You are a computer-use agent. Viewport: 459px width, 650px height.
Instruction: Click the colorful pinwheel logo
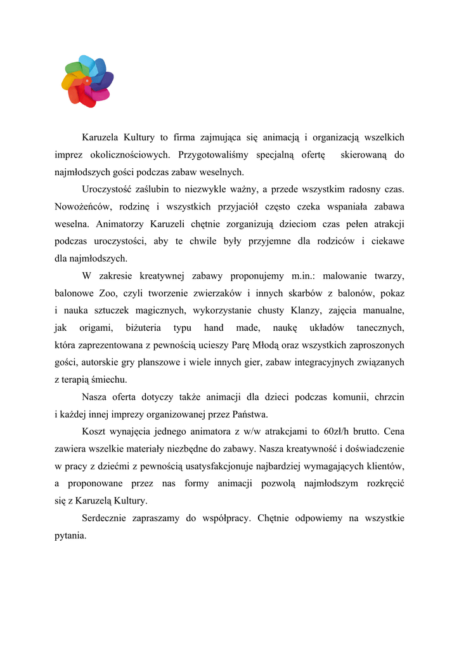tap(87, 81)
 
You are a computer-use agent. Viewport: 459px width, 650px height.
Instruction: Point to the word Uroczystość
tap(108, 189)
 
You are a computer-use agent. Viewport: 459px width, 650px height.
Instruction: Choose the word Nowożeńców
tap(80, 206)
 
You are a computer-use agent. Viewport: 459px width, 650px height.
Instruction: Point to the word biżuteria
tap(144, 328)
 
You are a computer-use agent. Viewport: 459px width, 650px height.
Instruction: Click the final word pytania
tap(70, 535)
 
